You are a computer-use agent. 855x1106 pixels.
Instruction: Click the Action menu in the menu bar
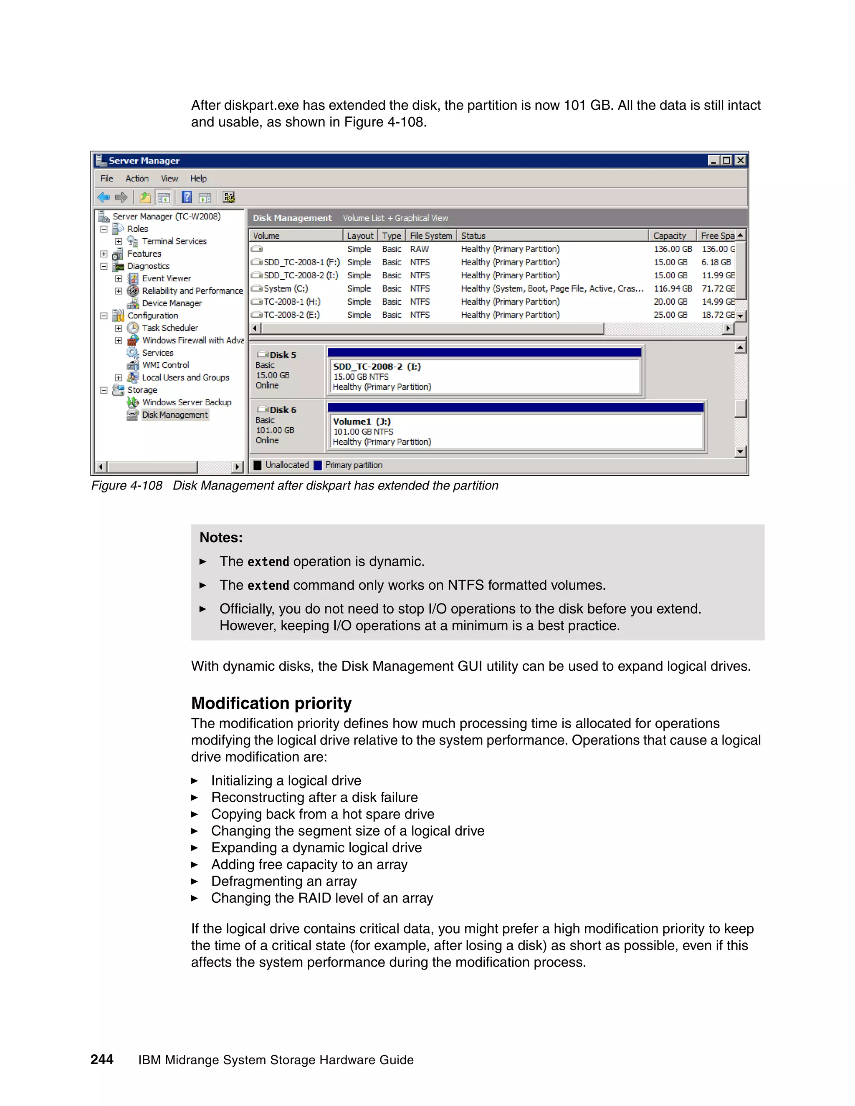click(x=137, y=178)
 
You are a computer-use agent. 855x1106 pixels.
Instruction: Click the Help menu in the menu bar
click(x=198, y=178)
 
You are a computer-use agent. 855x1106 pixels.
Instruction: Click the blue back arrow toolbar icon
click(x=104, y=197)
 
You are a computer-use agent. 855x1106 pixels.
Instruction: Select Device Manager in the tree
click(x=172, y=303)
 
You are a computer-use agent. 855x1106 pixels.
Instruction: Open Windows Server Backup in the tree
click(x=186, y=402)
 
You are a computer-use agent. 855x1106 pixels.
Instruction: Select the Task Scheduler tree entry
click(x=169, y=328)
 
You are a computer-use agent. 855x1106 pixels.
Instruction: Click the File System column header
click(x=430, y=235)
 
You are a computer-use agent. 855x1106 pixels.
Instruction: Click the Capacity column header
click(x=669, y=235)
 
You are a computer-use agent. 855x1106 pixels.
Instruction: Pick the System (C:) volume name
click(x=285, y=288)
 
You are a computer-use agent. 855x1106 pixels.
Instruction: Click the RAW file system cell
click(x=420, y=249)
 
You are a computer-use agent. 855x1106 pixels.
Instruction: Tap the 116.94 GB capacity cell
click(x=672, y=288)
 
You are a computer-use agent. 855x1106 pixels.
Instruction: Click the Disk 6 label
click(x=283, y=410)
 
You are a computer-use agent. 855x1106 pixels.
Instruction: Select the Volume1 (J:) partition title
click(x=362, y=422)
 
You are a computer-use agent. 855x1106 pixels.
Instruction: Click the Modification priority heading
click(x=271, y=703)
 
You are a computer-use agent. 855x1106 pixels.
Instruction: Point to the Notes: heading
click(x=221, y=537)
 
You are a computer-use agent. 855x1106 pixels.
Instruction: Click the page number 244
click(x=102, y=1059)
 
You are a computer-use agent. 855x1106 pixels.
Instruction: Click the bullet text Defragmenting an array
click(x=283, y=881)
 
